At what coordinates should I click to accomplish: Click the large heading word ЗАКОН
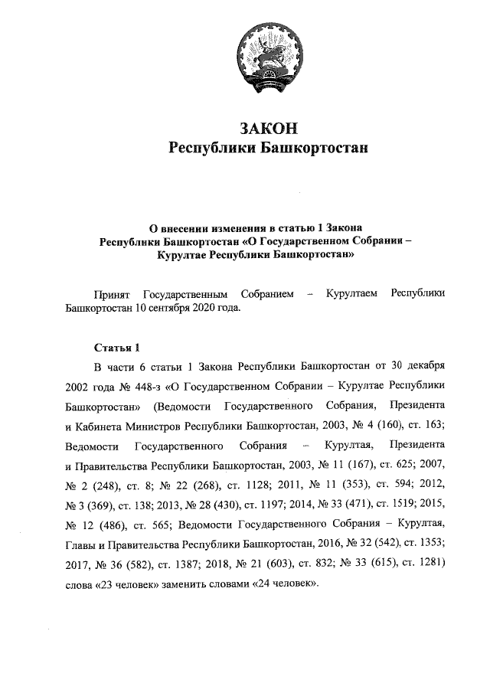coord(268,127)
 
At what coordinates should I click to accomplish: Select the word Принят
coord(109,294)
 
